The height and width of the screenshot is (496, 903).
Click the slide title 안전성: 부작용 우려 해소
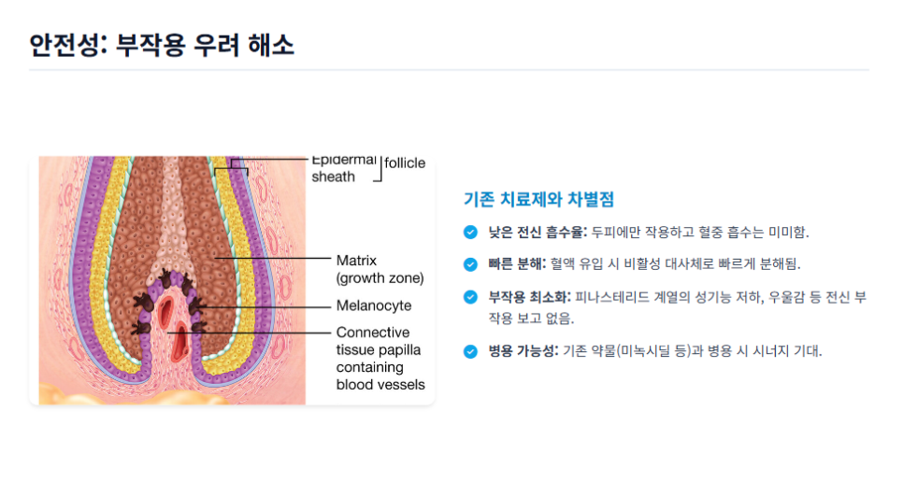162,44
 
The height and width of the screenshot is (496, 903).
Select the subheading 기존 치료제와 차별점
538,199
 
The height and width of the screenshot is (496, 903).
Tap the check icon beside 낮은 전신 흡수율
470,232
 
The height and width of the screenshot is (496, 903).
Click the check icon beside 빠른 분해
470,264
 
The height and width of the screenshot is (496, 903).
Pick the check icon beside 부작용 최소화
470,297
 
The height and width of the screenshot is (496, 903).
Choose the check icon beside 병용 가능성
470,351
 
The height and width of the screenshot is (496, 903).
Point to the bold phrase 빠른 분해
517,264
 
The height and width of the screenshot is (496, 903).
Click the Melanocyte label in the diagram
374,305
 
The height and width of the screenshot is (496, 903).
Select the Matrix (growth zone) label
380,268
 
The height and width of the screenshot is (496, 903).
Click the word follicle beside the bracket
405,163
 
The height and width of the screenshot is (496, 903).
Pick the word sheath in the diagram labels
333,177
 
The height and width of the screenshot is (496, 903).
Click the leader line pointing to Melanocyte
271,305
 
